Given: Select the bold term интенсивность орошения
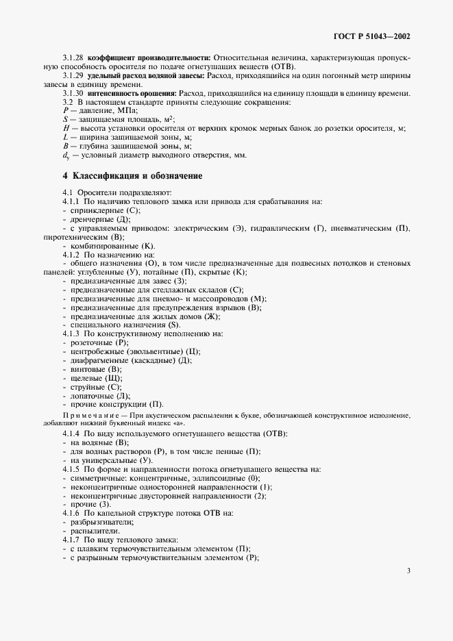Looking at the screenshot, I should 131,92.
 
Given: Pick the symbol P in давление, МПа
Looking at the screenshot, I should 66,110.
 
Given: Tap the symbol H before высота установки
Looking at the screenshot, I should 66,128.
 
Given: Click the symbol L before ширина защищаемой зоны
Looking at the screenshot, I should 66,137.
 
